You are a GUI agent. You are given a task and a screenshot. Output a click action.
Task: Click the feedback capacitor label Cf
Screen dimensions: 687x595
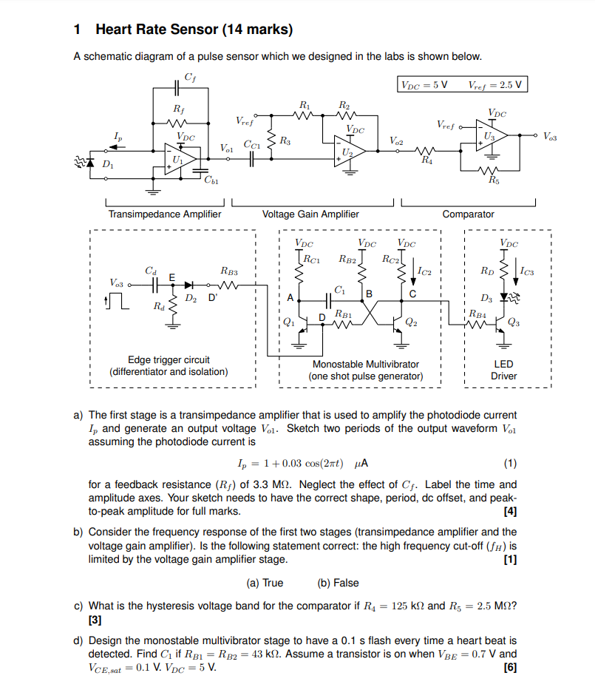(x=190, y=78)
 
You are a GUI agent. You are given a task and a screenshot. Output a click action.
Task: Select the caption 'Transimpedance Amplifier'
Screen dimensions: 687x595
(x=165, y=214)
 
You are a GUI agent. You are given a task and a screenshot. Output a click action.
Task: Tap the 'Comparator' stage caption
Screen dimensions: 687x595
(x=468, y=214)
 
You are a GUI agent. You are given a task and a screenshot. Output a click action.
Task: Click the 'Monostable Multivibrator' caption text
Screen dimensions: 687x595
(x=365, y=364)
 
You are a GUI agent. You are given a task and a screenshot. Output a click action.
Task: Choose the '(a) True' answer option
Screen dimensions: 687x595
(x=264, y=583)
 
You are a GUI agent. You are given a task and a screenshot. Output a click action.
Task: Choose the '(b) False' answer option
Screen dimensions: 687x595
(x=337, y=583)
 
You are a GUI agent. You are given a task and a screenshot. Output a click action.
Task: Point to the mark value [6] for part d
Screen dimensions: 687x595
(x=509, y=667)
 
